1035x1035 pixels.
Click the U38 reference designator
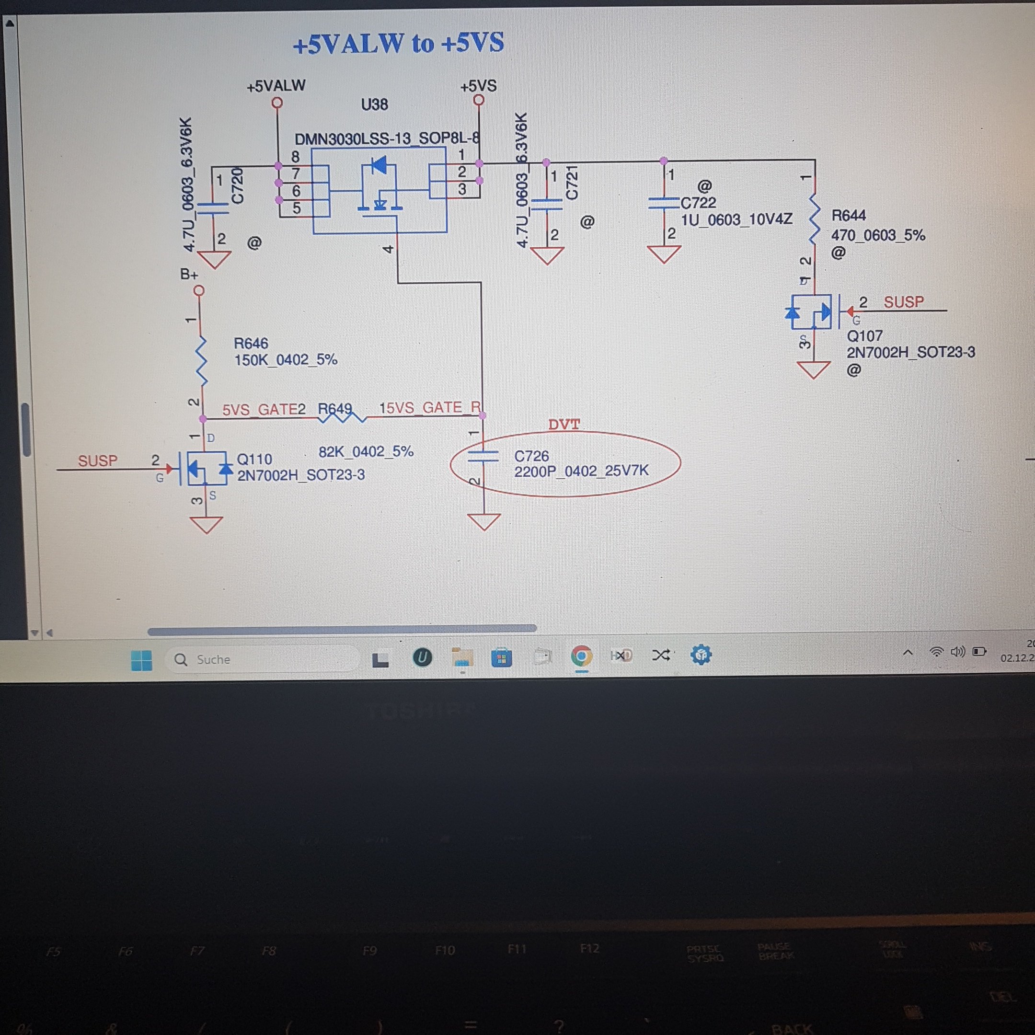pyautogui.click(x=374, y=104)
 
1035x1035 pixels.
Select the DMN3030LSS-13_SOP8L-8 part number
pyautogui.click(x=386, y=139)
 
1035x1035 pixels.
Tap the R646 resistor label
pyautogui.click(x=251, y=343)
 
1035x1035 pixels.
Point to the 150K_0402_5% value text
pyautogui.click(x=286, y=360)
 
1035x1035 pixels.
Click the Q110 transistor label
pyautogui.click(x=254, y=459)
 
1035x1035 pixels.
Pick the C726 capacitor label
pyautogui.click(x=531, y=456)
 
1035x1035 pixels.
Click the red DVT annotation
pyautogui.click(x=563, y=425)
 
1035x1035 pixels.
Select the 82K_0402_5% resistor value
pyautogui.click(x=366, y=451)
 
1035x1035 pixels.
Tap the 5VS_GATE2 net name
pyautogui.click(x=264, y=410)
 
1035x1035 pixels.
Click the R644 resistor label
pyautogui.click(x=848, y=215)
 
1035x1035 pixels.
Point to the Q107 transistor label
pyautogui.click(x=864, y=336)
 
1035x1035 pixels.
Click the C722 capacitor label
pyautogui.click(x=698, y=203)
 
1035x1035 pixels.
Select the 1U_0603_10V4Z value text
pyautogui.click(x=736, y=219)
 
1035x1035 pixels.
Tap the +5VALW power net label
pyautogui.click(x=276, y=86)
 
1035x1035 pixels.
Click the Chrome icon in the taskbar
pyautogui.click(x=581, y=655)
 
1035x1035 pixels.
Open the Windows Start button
pyautogui.click(x=141, y=660)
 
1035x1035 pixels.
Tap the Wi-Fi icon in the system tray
pyautogui.click(x=936, y=652)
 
